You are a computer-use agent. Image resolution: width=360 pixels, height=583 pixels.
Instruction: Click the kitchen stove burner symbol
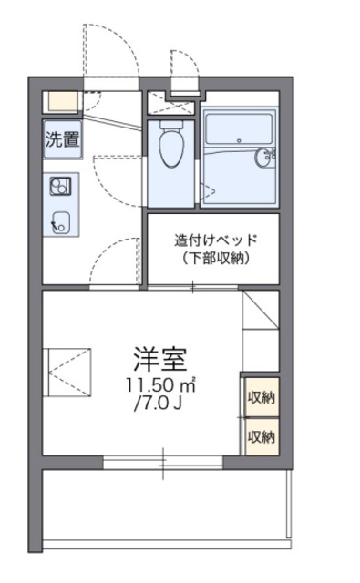click(60, 187)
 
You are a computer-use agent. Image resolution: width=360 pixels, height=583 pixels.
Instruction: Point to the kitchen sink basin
click(62, 220)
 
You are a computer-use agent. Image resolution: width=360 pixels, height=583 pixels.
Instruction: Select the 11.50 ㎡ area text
click(160, 385)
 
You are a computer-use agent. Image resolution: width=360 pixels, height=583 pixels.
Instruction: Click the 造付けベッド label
click(216, 241)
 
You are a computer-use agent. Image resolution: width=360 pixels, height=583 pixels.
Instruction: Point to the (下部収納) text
click(216, 259)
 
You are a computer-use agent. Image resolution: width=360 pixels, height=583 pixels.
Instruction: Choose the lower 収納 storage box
click(261, 436)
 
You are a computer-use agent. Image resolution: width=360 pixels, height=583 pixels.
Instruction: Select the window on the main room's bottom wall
click(163, 462)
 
